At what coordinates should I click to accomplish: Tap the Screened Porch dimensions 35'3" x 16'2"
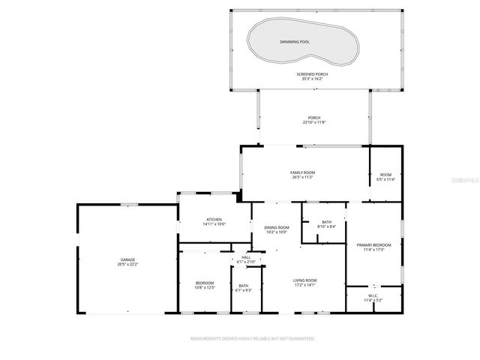[x=312, y=78]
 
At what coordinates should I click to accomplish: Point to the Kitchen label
[x=214, y=220]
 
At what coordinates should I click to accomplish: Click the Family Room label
[x=302, y=173]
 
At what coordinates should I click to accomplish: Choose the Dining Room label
[x=277, y=227]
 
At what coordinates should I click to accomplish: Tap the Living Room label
[x=304, y=280]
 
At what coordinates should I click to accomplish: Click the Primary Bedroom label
[x=373, y=244]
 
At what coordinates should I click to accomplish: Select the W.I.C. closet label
[x=373, y=295]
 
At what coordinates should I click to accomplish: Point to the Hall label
[x=246, y=257]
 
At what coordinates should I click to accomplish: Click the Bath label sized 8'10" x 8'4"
[x=327, y=221]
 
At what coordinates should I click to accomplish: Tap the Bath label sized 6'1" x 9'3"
[x=244, y=285]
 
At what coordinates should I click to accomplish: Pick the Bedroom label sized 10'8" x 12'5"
[x=205, y=283]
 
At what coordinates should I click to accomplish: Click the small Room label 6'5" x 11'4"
[x=385, y=175]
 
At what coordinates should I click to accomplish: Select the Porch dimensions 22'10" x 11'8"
[x=314, y=122]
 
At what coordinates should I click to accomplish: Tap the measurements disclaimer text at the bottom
[x=252, y=339]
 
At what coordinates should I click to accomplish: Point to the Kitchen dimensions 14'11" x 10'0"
[x=214, y=224]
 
